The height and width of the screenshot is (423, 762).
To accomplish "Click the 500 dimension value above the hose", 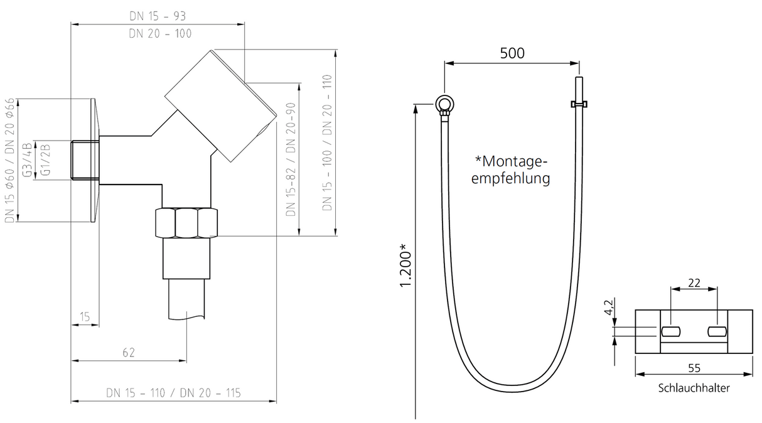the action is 512,53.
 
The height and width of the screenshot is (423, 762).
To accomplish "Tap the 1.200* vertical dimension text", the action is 406,265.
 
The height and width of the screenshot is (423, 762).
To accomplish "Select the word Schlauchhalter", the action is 694,388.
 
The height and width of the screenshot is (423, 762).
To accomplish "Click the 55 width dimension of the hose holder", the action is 694,368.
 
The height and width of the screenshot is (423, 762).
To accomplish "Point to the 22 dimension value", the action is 694,282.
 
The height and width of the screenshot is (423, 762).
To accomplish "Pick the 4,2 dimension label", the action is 609,307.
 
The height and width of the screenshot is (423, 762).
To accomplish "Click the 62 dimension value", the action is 129,353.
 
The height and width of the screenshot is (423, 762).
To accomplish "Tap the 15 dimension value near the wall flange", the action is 85,317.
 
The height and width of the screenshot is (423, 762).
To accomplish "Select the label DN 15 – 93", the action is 158,16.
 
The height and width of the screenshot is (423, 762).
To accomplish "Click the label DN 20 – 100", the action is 160,33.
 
